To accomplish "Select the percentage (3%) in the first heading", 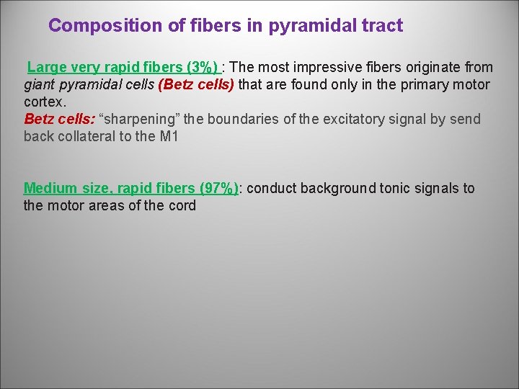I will tap(202, 68).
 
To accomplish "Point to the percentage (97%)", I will tap(220, 189).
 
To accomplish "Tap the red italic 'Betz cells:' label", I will tap(59, 120).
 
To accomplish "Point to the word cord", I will tap(182, 206).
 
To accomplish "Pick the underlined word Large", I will tap(47, 68).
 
